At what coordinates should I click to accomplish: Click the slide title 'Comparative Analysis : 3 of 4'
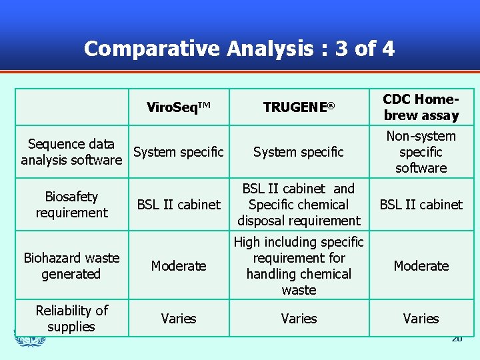[x=239, y=49]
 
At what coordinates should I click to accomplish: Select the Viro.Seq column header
[x=179, y=107]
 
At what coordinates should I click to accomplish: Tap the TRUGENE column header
[x=299, y=107]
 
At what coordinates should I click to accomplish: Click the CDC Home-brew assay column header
[x=421, y=107]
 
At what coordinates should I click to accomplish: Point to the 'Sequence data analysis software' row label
[x=71, y=152]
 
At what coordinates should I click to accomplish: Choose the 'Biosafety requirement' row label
[x=71, y=205]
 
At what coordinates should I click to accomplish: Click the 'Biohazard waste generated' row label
[x=71, y=266]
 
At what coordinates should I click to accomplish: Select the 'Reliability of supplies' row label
[x=71, y=319]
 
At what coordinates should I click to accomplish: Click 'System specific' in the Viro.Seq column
[x=179, y=152]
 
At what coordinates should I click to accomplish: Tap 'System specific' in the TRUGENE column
[x=299, y=152]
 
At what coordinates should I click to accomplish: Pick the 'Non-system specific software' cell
[x=421, y=152]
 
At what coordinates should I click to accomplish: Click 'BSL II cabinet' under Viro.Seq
[x=179, y=205]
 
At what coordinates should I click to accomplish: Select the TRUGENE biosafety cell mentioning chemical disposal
[x=299, y=205]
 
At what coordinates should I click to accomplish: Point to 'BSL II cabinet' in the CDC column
[x=421, y=205]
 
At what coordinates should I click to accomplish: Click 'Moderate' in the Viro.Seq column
[x=179, y=266]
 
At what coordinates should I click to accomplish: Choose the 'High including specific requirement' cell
[x=299, y=266]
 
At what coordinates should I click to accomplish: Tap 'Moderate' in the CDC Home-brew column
[x=421, y=266]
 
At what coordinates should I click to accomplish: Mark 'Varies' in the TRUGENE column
[x=299, y=319]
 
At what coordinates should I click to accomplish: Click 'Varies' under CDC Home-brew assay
[x=421, y=319]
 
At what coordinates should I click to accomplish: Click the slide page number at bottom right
[x=457, y=339]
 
